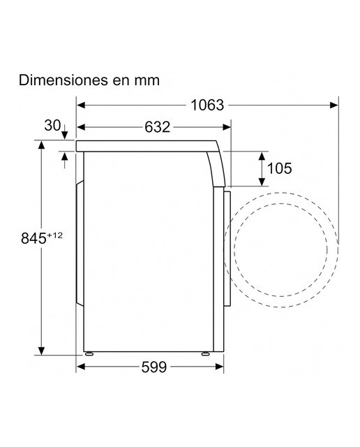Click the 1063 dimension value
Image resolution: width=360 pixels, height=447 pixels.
[207, 105]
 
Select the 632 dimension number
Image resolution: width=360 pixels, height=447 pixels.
[157, 127]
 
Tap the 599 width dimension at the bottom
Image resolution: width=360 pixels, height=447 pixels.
[153, 367]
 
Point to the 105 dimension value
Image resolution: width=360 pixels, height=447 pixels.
[279, 168]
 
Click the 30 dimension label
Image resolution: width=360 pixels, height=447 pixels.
[53, 126]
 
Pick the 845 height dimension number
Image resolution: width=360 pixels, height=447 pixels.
[33, 238]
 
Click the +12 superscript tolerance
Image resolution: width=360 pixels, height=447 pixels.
[54, 235]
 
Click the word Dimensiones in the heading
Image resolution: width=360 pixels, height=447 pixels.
[63, 80]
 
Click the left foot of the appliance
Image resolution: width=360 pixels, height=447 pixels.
[89, 354]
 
